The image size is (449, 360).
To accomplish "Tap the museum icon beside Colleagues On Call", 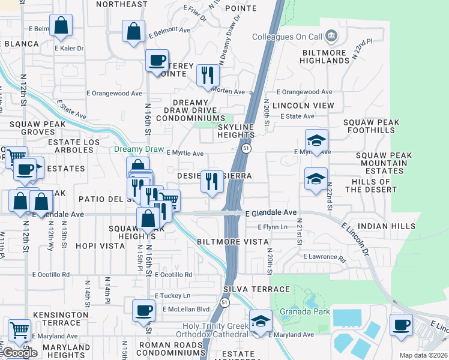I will (331, 37).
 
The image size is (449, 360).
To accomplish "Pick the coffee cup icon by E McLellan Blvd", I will (143, 310).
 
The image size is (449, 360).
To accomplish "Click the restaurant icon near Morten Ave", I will (208, 74).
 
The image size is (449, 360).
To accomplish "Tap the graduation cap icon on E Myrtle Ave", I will (316, 140).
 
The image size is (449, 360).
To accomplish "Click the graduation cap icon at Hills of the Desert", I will (316, 178).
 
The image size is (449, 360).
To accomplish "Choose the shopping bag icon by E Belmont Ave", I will (133, 30).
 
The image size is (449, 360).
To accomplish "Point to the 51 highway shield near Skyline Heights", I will (246, 148).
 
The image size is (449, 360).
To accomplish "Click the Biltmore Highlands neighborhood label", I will (325, 57).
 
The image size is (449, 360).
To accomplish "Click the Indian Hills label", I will (386, 226).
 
